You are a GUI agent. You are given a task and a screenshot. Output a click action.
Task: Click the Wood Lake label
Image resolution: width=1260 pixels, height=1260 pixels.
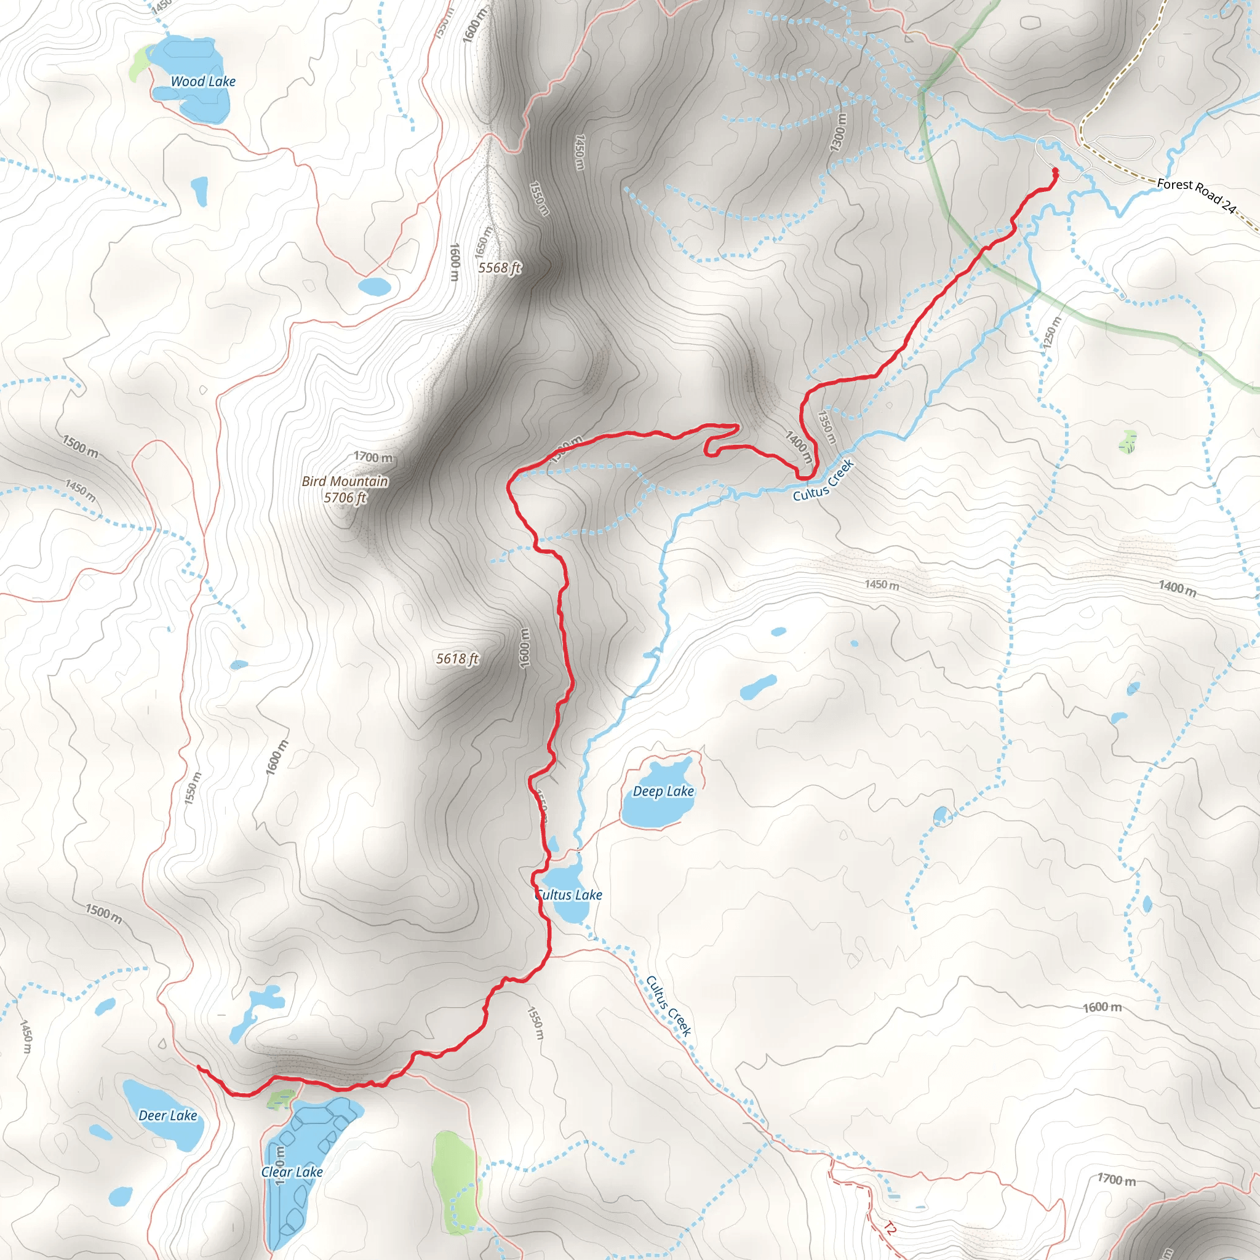coord(203,82)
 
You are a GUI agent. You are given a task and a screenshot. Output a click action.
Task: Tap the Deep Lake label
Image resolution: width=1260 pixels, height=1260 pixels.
coord(663,791)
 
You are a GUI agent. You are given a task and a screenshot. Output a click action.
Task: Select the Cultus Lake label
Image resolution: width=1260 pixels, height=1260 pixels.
coord(568,895)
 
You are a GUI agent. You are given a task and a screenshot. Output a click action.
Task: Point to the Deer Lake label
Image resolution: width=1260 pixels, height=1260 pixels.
coord(167,1115)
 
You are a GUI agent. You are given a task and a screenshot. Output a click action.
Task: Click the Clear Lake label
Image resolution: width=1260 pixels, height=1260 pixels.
coord(292,1172)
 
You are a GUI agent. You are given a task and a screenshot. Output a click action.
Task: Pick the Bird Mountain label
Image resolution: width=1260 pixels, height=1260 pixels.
coord(345,481)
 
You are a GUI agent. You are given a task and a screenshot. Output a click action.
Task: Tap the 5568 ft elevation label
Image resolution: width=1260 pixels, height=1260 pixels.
coord(500,268)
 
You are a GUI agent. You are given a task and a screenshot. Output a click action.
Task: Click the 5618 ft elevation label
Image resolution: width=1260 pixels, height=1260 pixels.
coord(457,659)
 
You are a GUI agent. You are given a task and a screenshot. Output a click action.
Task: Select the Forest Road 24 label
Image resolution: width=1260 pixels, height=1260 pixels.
coord(1196,195)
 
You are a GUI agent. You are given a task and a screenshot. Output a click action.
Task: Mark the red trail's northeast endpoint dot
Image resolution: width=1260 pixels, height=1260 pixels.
coord(1055,172)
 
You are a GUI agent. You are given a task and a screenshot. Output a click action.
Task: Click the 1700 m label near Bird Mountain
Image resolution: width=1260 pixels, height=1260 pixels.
coord(373,457)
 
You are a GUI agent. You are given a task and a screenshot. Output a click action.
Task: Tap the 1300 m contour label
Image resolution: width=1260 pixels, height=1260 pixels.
coord(839,133)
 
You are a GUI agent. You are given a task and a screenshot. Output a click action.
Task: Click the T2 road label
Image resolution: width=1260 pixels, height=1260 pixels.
coord(890,1229)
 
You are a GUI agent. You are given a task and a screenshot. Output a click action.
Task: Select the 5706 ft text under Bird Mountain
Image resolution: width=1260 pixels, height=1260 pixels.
coord(345,498)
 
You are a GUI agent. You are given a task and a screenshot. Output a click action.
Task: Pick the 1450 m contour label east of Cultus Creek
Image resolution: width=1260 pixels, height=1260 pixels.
coord(882,584)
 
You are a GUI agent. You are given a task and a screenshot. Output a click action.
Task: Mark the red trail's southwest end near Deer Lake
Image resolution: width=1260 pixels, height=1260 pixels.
coord(198,1067)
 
